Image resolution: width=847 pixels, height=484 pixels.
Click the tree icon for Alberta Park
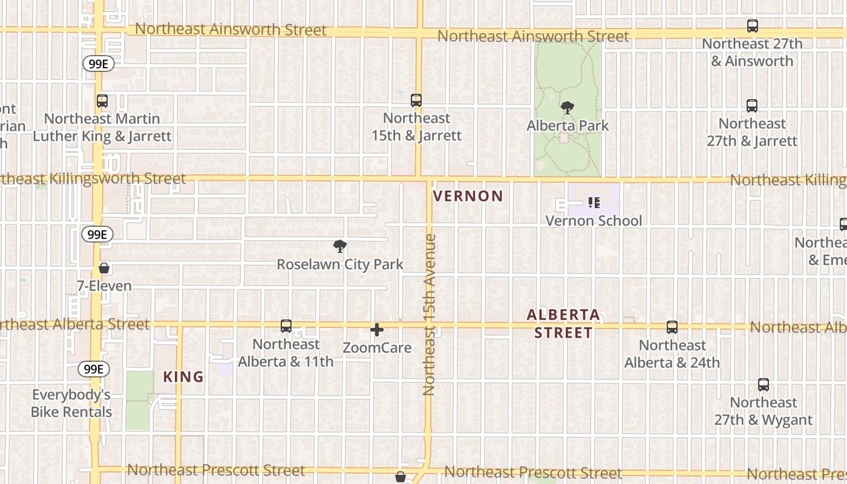click(567, 108)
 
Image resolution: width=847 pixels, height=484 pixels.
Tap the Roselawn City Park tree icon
click(340, 246)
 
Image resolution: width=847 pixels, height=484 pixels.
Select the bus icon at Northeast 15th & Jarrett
click(416, 100)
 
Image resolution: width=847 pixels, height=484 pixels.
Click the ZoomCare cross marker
click(377, 330)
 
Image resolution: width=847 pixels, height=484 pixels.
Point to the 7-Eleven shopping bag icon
click(104, 268)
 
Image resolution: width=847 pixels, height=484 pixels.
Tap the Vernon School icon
click(594, 203)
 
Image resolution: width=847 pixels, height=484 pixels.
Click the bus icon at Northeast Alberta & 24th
click(672, 327)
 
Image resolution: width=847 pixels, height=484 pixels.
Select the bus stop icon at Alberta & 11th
click(286, 326)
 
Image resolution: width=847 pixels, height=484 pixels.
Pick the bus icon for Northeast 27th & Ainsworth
click(753, 26)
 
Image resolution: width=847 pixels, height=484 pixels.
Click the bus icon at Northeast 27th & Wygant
click(764, 385)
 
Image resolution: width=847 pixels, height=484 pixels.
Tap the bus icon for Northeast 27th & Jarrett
click(752, 106)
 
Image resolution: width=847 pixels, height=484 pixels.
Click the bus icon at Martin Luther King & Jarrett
click(102, 101)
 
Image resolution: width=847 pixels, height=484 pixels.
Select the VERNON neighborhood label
click(468, 196)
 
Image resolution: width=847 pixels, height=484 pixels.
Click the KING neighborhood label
click(183, 377)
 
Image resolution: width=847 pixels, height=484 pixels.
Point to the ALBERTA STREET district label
click(563, 324)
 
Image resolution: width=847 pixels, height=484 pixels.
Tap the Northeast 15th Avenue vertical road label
click(430, 315)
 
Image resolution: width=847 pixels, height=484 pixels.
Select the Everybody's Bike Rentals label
click(72, 404)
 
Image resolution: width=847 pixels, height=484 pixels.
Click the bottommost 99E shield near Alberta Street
click(94, 368)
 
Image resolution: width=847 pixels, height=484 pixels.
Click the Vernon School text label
click(594, 221)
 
